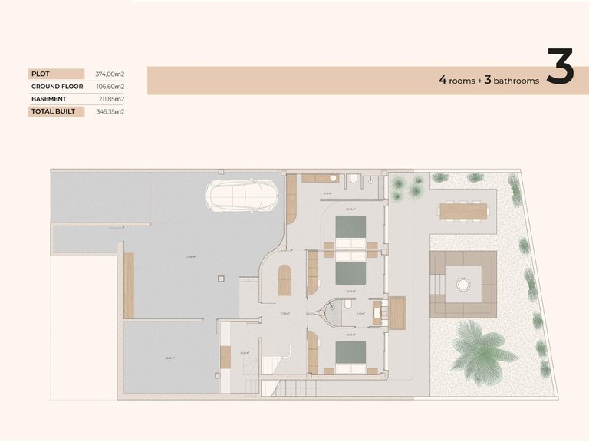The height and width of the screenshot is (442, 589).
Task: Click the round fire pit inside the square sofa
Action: point(463,285)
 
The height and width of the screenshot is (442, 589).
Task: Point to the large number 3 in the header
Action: point(561,68)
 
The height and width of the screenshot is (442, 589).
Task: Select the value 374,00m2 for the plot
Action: point(110,74)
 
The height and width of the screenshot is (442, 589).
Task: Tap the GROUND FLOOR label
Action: point(57,87)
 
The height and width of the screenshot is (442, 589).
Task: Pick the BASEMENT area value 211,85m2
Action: point(110,99)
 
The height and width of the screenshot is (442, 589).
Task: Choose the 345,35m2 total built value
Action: point(110,111)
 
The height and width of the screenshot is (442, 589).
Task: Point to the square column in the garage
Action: point(218,278)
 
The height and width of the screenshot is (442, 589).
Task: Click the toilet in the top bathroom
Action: point(352,181)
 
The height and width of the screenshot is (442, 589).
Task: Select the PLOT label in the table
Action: point(40,74)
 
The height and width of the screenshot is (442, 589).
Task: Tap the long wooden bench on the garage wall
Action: point(129,285)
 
